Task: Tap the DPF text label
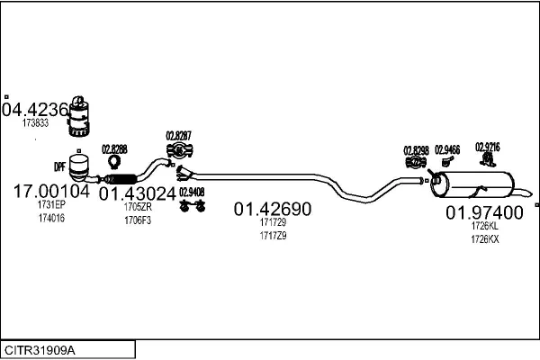pos(59,166)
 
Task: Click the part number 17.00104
pos(51,191)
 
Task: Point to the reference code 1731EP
pos(52,206)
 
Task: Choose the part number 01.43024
pos(137,193)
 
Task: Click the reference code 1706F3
pos(138,220)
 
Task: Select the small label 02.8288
pos(114,149)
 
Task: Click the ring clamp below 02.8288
pos(115,163)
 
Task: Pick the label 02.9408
pos(191,191)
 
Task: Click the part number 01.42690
pos(273,210)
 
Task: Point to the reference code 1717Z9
pos(273,236)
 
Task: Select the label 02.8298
pos(417,149)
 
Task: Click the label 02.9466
pos(447,149)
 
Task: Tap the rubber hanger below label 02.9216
pos(487,160)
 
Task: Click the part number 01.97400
pos(484,213)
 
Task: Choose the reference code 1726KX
pos(484,239)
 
